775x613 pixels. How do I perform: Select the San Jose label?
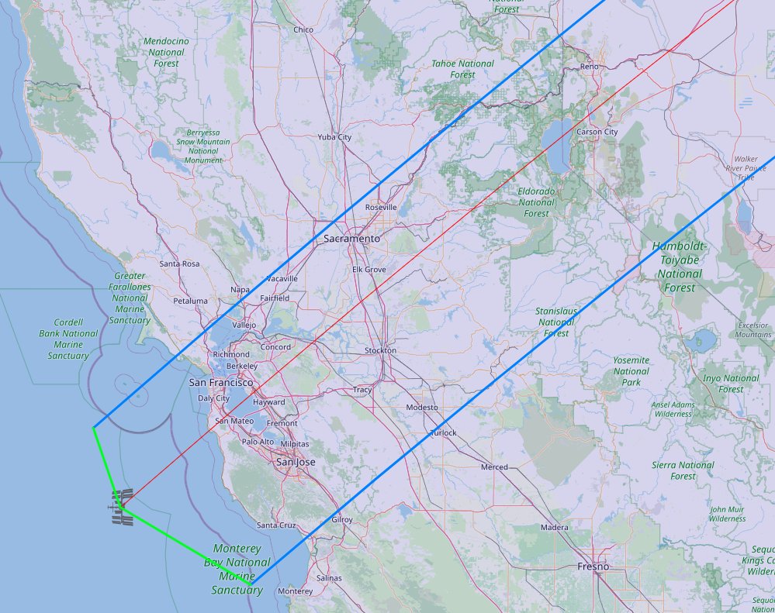click(296, 462)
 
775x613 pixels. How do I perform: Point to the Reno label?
click(590, 67)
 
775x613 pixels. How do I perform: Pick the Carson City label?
click(597, 132)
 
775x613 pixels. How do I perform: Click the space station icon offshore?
click(122, 506)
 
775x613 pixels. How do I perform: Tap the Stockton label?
click(380, 350)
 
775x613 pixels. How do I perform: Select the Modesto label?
click(421, 407)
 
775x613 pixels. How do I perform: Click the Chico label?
click(303, 29)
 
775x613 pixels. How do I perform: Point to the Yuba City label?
click(334, 137)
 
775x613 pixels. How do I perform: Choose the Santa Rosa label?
click(180, 263)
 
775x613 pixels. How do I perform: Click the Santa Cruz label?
click(276, 525)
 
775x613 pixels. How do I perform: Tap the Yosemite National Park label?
click(631, 371)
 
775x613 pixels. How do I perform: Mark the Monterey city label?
click(294, 591)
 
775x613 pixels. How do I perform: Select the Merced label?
click(494, 467)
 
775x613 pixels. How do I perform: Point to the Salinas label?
click(329, 578)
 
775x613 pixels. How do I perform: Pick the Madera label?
click(555, 527)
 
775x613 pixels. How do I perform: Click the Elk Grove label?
click(369, 269)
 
